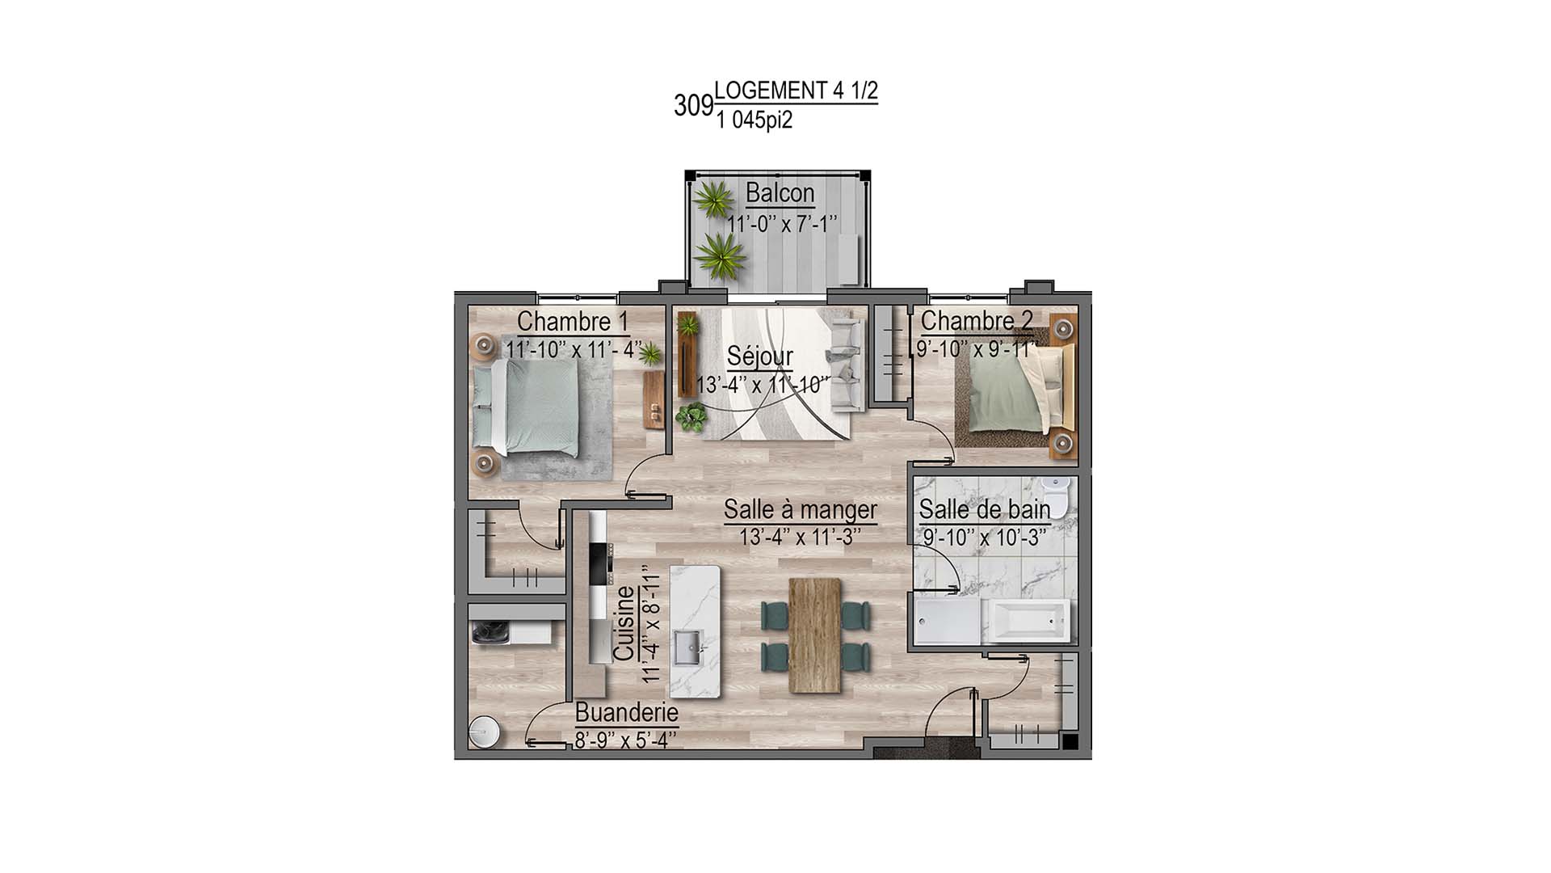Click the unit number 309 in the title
[x=693, y=106]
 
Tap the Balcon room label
[x=780, y=193]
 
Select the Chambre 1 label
[x=573, y=321]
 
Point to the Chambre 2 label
[x=976, y=321]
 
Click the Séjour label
[x=759, y=356]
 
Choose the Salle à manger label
[x=800, y=509]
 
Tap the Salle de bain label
[x=984, y=509]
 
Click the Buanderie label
[x=626, y=714]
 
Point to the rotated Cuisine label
[x=624, y=622]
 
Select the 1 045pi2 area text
[x=753, y=121]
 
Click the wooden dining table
[x=815, y=635]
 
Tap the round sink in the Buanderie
[x=486, y=732]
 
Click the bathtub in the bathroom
[x=1026, y=621]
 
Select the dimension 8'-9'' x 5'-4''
[x=624, y=740]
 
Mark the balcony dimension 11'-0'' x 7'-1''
[x=782, y=224]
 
